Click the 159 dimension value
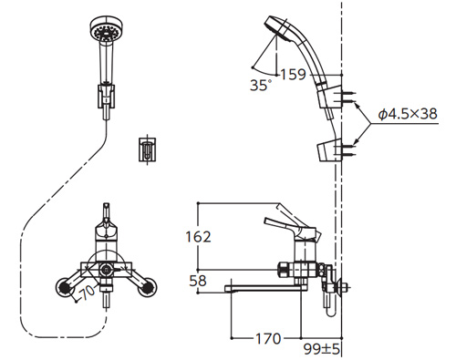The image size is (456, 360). point(293,75)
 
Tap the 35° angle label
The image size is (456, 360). point(260,86)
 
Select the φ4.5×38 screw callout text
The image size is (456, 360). point(408,114)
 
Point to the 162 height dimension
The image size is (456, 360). point(198,237)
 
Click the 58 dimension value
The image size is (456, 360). point(198,281)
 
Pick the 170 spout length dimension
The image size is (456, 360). point(268,339)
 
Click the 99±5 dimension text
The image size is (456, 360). point(322,349)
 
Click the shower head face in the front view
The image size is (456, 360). point(106,29)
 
